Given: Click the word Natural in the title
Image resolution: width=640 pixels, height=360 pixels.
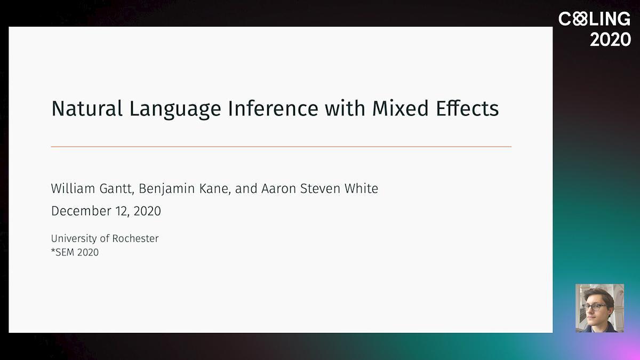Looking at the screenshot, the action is [x=87, y=109].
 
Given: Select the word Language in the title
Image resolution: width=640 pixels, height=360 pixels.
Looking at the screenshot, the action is [x=175, y=110].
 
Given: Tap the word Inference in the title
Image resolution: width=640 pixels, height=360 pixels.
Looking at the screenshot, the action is [x=273, y=109].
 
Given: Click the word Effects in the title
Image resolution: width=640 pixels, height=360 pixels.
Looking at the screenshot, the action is [x=467, y=109].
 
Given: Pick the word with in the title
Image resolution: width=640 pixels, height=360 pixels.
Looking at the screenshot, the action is [x=345, y=109].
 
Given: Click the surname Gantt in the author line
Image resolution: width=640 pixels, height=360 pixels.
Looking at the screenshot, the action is [x=117, y=189].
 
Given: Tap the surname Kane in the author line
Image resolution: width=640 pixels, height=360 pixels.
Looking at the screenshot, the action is [x=214, y=189].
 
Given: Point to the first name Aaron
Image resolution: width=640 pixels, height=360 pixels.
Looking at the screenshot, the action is [x=278, y=189].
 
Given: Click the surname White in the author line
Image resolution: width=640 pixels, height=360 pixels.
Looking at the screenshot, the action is [x=361, y=189].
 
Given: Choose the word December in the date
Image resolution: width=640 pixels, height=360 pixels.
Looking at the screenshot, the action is [x=81, y=211].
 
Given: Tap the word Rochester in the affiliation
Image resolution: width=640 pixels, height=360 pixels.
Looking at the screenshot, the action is [x=135, y=238].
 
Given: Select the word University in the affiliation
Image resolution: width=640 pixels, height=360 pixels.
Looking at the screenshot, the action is [x=74, y=239].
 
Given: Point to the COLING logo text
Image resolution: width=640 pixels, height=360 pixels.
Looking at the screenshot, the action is [x=594, y=19].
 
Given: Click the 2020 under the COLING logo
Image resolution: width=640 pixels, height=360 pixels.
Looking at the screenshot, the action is [x=610, y=39].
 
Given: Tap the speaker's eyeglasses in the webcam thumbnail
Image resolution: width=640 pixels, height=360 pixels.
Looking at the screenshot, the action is [x=595, y=307].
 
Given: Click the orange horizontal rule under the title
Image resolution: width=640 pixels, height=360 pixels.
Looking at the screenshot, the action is [x=281, y=147].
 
